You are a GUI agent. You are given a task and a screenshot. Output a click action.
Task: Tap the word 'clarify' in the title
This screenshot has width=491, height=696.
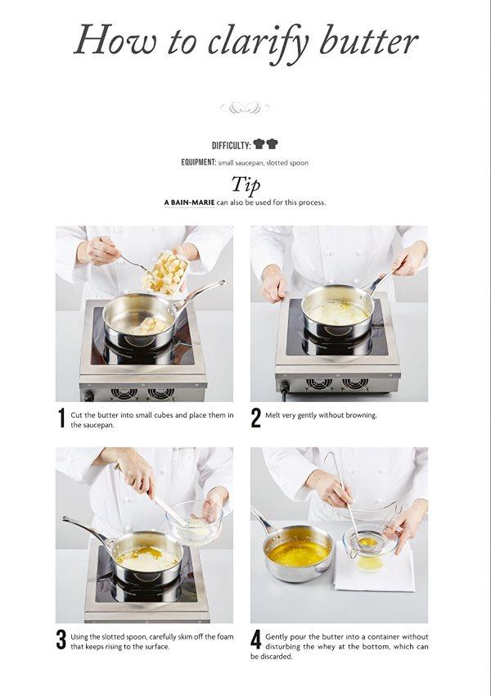coord(258,43)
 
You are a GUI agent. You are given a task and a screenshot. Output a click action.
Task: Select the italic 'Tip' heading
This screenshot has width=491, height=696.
coord(245,185)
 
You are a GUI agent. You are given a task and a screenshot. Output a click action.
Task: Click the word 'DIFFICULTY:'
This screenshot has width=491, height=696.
coord(232,145)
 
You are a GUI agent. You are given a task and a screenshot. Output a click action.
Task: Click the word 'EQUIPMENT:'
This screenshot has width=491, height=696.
coord(198,162)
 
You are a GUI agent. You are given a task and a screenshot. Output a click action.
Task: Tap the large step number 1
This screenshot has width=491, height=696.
coord(61,418)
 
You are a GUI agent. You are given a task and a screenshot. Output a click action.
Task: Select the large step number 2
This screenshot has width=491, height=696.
coord(256,418)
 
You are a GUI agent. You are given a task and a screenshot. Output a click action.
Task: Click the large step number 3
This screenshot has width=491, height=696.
coord(61,640)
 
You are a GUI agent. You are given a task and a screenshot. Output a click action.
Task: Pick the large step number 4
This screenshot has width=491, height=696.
coord(256,640)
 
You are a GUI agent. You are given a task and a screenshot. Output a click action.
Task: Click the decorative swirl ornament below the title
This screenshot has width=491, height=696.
coord(245,107)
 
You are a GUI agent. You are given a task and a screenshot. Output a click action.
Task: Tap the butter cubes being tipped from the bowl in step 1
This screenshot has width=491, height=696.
coord(164,273)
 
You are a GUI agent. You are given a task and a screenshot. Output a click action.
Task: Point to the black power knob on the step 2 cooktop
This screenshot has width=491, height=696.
coord(284,387)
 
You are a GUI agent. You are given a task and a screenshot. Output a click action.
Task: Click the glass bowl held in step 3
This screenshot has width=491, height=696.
coord(194,523)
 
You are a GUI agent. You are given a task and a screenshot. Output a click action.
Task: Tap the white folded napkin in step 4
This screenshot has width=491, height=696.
coord(376,567)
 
